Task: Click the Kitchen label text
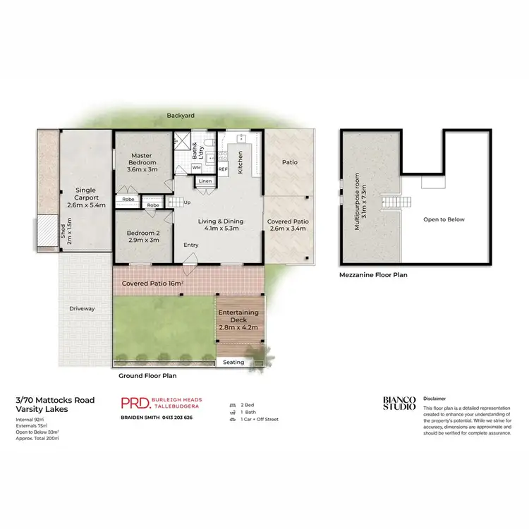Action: click(241, 163)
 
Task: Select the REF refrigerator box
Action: click(223, 169)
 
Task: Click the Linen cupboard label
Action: click(205, 181)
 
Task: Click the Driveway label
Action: click(82, 308)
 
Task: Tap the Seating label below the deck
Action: click(233, 363)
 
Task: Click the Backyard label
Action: click(181, 116)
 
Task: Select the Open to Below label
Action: click(444, 219)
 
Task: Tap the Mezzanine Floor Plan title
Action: click(373, 275)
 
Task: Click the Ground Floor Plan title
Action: click(147, 376)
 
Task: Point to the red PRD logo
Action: click(134, 403)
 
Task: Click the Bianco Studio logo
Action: click(399, 403)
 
